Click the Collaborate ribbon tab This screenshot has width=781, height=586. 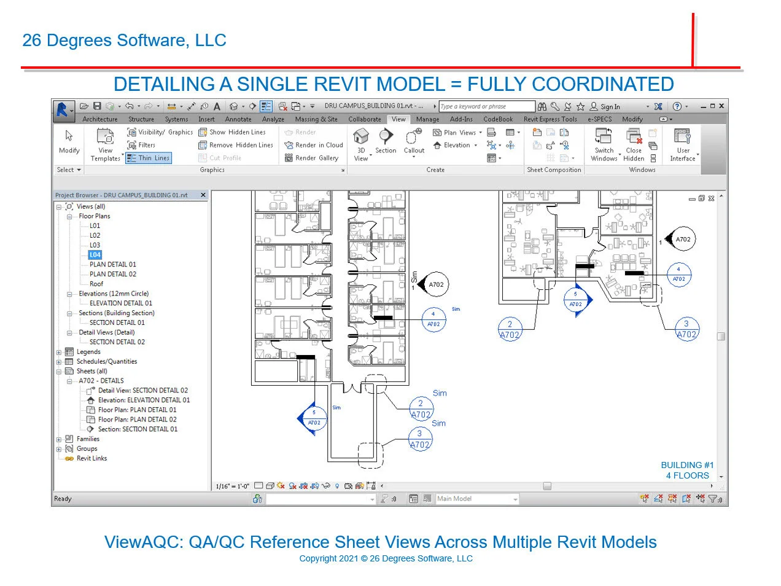(x=364, y=119)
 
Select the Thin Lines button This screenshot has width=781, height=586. (x=149, y=158)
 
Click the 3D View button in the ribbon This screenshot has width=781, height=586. (x=361, y=144)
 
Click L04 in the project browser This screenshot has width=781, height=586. (x=95, y=255)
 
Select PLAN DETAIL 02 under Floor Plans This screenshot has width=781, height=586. (x=113, y=274)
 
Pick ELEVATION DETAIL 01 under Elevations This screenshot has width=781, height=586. (x=121, y=303)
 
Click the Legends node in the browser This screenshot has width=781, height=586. (x=88, y=352)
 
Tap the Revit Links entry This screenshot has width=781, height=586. (x=91, y=458)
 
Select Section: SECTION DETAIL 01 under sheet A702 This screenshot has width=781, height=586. (x=138, y=429)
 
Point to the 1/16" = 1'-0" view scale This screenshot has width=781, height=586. (x=233, y=486)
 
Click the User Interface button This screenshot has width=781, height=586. (x=683, y=144)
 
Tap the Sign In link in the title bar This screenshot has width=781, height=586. (x=610, y=106)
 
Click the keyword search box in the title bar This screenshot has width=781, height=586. (x=486, y=106)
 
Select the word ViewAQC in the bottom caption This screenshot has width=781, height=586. (x=144, y=542)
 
